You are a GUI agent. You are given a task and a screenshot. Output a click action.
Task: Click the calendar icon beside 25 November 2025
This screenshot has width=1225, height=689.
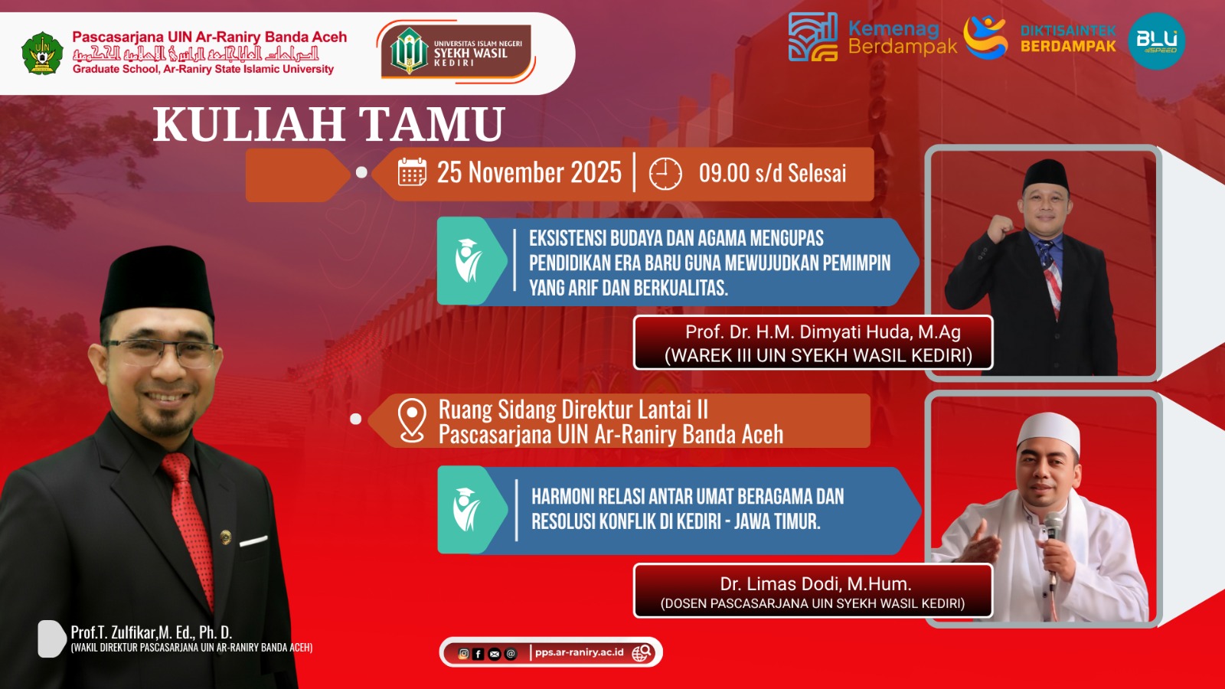(412, 172)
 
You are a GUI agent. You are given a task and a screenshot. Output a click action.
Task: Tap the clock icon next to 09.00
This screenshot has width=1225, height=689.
(665, 174)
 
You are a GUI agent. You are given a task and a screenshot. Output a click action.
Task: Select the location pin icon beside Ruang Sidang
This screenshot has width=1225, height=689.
(412, 420)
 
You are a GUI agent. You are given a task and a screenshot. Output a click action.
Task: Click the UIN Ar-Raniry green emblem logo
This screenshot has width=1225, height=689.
(42, 53)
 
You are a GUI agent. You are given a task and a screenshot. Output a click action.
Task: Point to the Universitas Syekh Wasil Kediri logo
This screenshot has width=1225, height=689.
(456, 51)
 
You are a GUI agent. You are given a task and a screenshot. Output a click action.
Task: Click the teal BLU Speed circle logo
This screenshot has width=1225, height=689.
(1157, 41)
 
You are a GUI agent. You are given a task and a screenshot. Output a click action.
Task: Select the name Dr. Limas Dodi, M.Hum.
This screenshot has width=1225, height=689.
(815, 584)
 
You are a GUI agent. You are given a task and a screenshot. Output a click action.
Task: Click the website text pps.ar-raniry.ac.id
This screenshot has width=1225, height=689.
(579, 651)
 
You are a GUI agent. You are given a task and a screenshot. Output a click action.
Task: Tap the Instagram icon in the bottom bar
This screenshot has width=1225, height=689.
(463, 654)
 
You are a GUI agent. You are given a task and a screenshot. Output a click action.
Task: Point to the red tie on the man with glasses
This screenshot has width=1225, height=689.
(189, 525)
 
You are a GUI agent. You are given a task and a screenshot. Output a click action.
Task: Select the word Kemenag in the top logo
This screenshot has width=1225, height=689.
(893, 29)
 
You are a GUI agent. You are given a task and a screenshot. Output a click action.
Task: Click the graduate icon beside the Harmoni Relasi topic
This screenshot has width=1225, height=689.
(466, 510)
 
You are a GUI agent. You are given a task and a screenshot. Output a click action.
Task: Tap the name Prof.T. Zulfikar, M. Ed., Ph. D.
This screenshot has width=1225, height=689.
(152, 632)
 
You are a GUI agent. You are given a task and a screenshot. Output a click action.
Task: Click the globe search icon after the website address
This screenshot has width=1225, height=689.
(642, 652)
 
